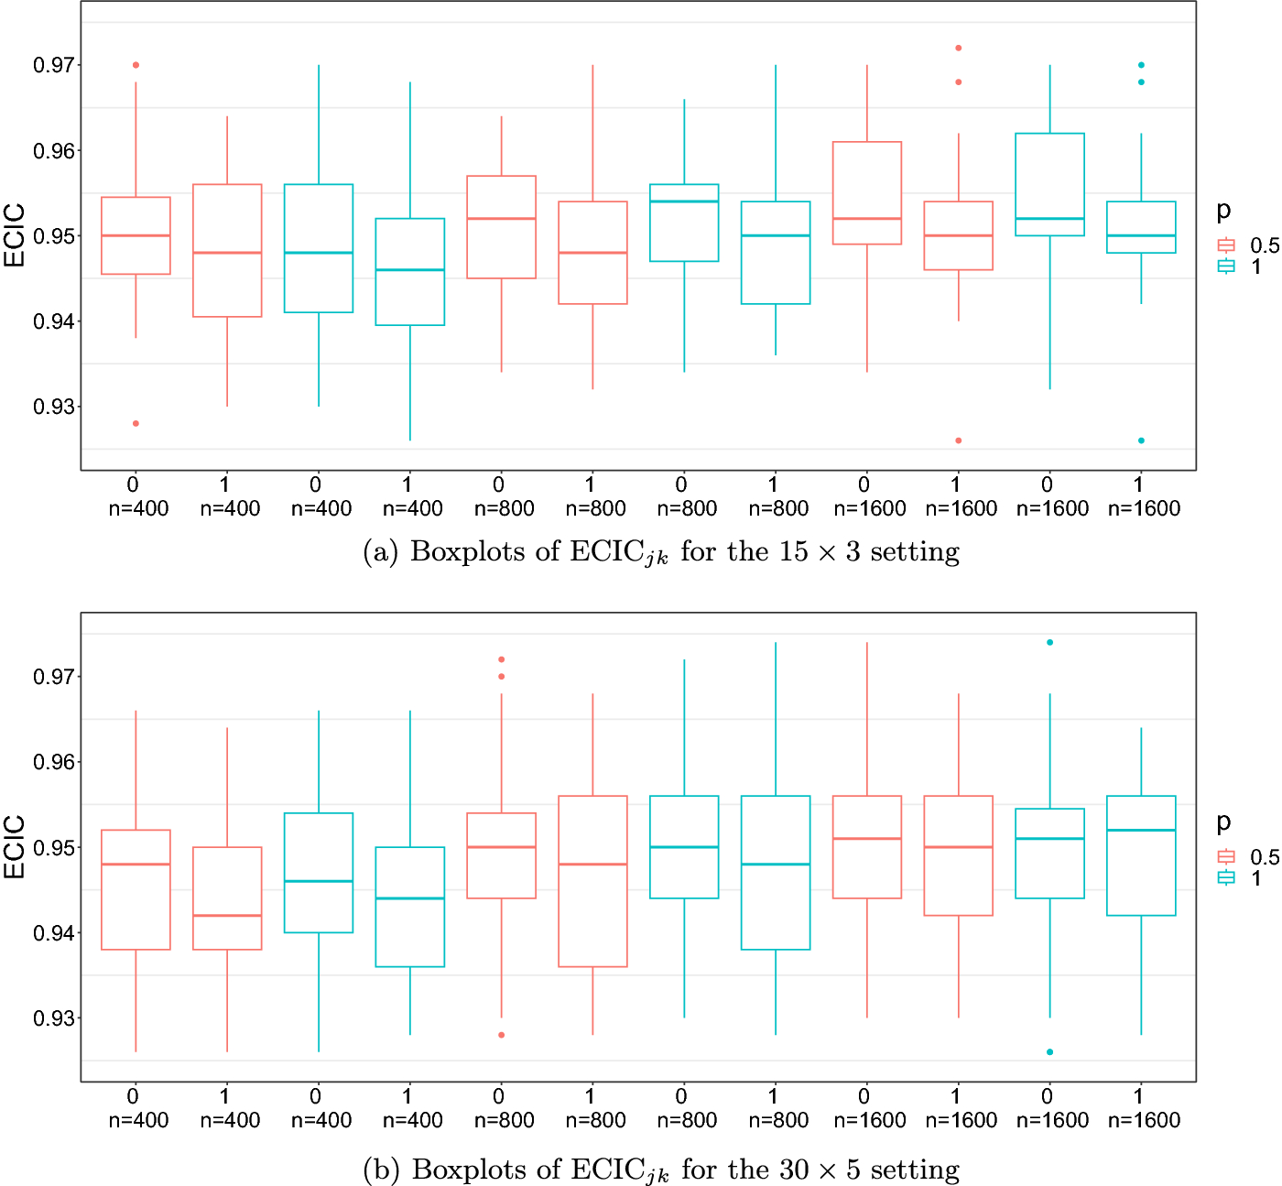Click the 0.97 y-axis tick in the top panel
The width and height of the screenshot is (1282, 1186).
click(x=54, y=65)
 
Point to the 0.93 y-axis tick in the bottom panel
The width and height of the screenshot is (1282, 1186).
click(x=54, y=1018)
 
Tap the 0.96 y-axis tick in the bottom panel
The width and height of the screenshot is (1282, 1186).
click(x=54, y=762)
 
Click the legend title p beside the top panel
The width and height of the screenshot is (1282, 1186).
click(x=1223, y=212)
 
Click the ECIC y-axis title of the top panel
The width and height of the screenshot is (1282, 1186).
click(x=15, y=235)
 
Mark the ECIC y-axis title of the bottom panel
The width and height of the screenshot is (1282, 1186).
click(x=15, y=846)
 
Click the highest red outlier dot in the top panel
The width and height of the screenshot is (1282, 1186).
click(x=958, y=48)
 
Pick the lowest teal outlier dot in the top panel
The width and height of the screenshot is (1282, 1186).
click(x=1141, y=441)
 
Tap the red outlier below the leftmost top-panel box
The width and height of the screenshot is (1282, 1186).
click(x=136, y=423)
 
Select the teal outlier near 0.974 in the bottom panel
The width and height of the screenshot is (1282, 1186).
click(x=1049, y=642)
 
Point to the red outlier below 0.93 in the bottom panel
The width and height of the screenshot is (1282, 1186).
click(x=502, y=1035)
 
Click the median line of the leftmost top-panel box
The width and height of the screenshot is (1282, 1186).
click(x=136, y=235)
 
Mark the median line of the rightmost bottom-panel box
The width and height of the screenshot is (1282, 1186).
click(x=1141, y=830)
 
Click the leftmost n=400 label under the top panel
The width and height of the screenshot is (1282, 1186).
click(x=138, y=508)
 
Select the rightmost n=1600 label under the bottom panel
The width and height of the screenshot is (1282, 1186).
click(x=1144, y=1119)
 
